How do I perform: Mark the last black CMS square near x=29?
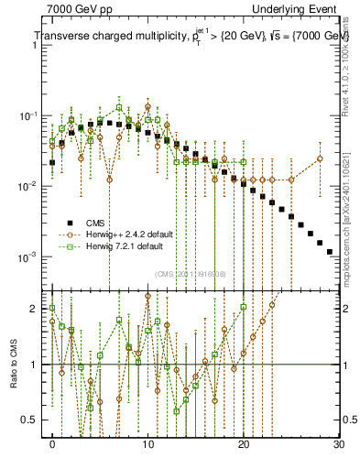pyautogui.click(x=330, y=251)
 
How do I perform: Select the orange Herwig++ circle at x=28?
pyautogui.click(x=320, y=158)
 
